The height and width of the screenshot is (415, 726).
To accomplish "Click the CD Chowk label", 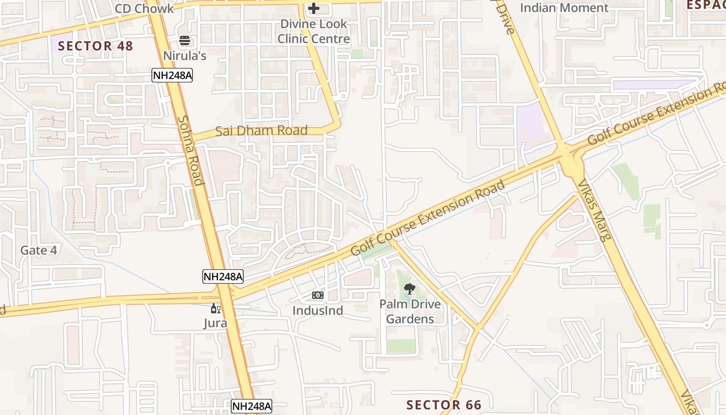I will click(144, 9).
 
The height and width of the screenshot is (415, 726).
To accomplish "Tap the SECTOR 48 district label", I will click(95, 46).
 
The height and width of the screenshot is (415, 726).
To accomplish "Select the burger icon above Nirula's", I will click(185, 40).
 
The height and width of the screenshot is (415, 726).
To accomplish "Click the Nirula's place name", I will click(185, 55).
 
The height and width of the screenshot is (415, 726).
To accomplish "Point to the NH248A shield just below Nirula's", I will click(172, 76).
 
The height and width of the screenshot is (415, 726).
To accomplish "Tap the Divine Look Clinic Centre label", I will click(314, 31).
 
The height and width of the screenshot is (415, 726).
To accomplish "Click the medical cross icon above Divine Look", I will click(314, 8).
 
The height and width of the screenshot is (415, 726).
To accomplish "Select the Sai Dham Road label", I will click(261, 130).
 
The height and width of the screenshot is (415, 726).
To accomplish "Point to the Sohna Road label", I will click(190, 150).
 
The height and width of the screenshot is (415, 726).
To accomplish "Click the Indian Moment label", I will click(564, 8).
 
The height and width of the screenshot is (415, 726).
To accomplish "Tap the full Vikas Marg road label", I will click(595, 211).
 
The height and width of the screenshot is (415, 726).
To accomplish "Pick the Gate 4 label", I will click(38, 250).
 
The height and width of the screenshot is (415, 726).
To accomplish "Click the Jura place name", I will click(215, 323).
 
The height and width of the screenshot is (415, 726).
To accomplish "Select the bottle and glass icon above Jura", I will click(215, 309).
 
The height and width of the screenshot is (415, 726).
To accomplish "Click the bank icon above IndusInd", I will click(318, 295).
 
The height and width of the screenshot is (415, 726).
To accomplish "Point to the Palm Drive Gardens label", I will click(410, 311).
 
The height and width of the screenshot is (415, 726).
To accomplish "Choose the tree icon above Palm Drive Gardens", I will click(410, 289).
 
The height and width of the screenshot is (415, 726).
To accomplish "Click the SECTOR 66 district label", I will click(444, 405).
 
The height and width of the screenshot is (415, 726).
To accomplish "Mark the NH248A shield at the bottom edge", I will click(252, 407).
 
